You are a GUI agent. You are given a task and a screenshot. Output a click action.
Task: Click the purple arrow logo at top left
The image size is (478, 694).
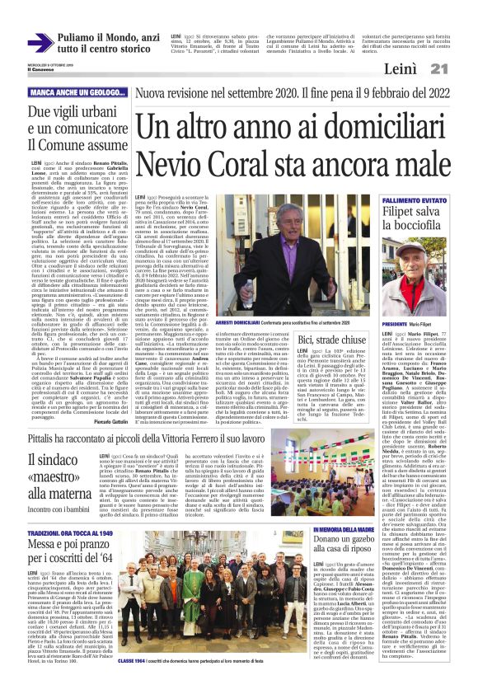point(40,44)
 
